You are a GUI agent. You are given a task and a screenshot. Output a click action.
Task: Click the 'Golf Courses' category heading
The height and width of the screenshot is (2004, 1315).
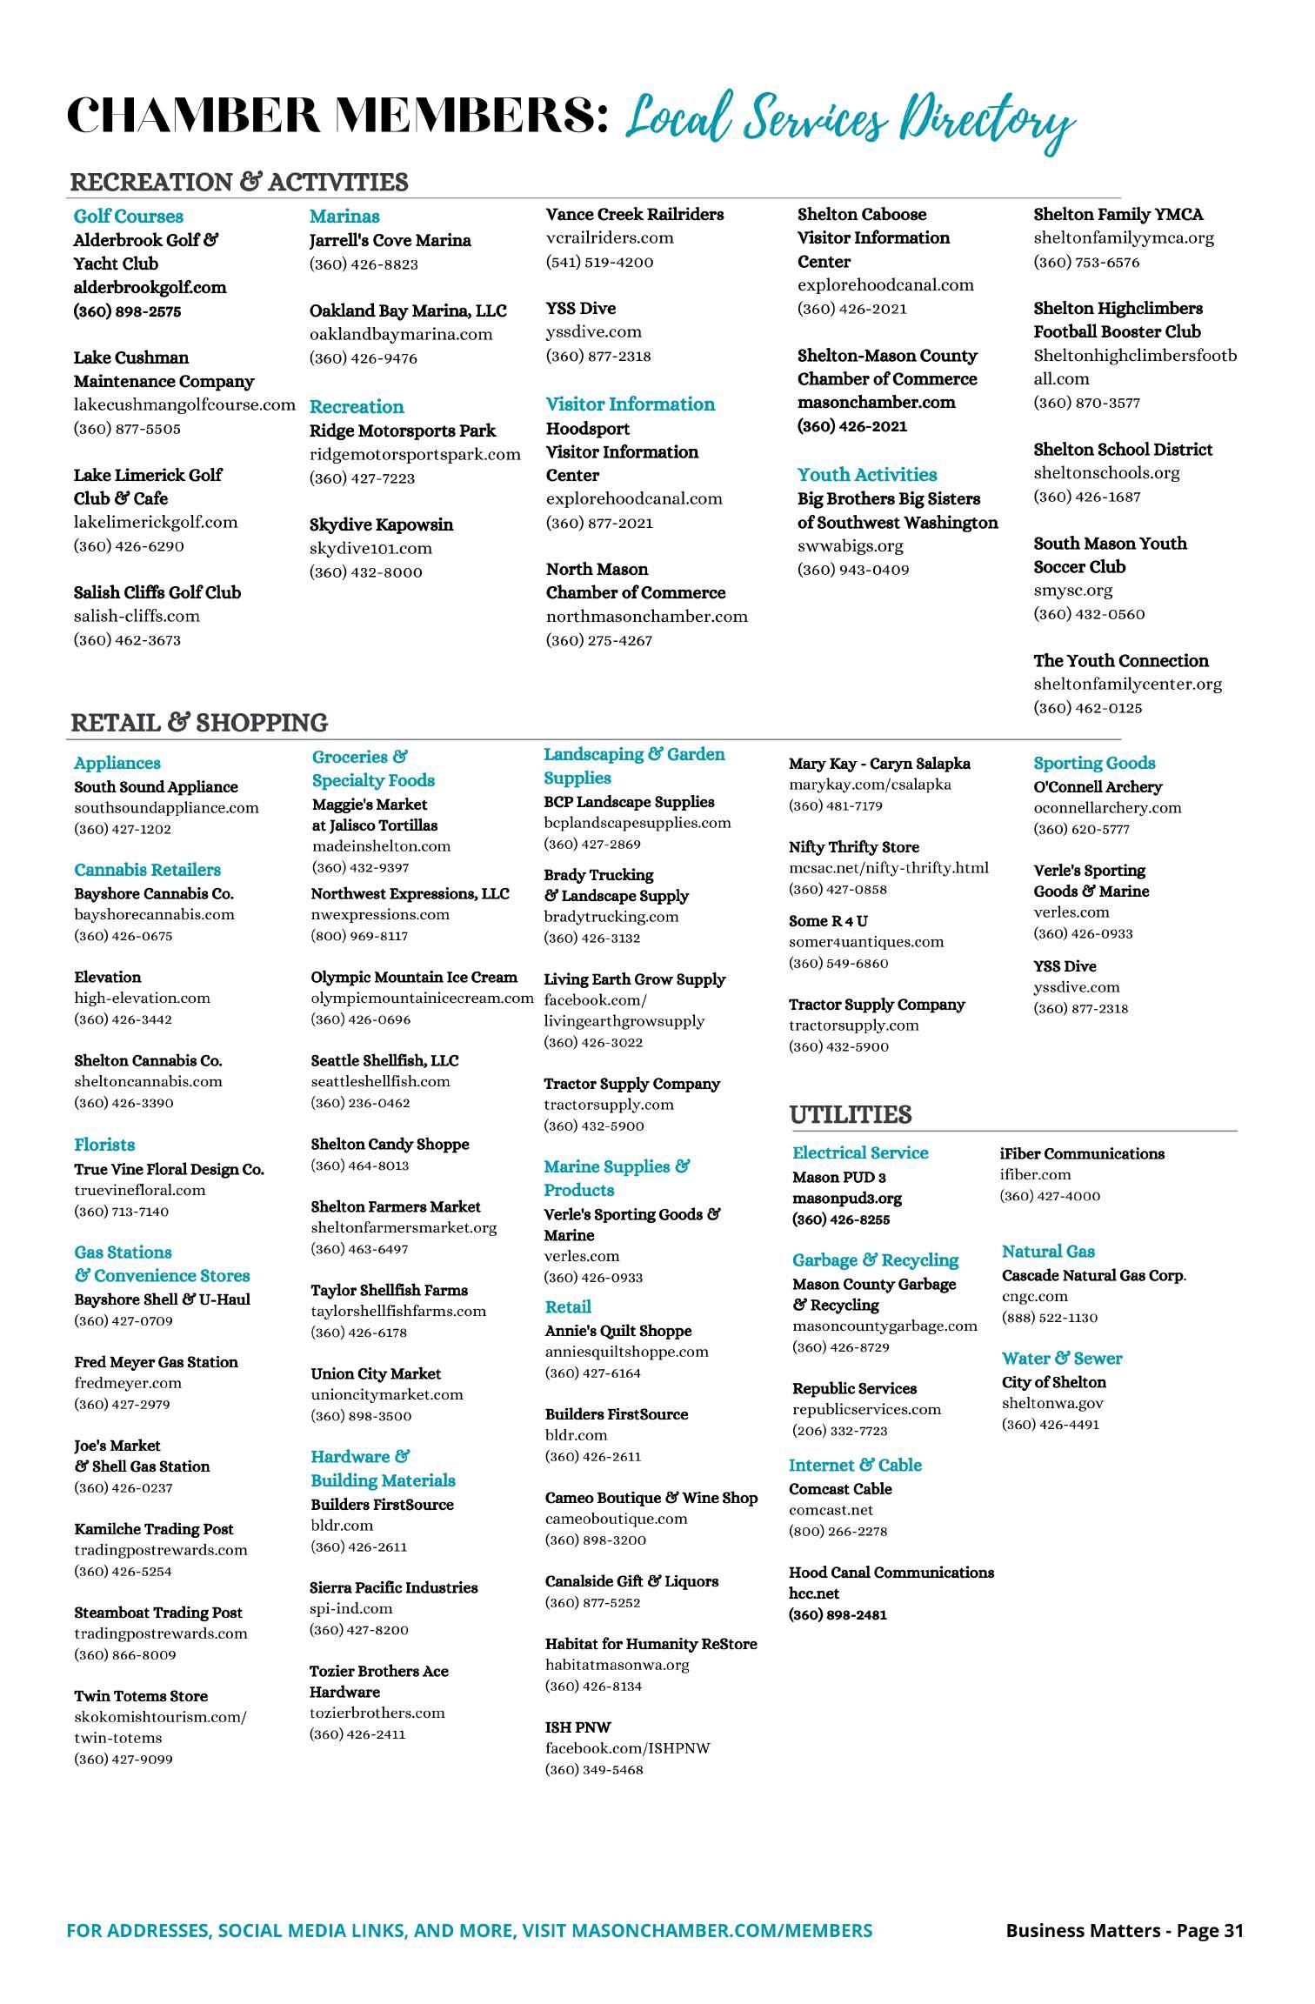[x=128, y=217]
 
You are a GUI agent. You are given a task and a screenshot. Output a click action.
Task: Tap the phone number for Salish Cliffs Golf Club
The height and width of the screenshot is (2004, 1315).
[x=127, y=640]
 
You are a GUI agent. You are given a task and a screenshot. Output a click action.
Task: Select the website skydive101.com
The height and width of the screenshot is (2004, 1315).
[x=370, y=548]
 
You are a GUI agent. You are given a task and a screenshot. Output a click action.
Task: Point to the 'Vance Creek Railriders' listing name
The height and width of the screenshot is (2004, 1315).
[x=634, y=214]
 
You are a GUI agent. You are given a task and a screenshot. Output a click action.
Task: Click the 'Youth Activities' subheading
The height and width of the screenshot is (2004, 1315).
[x=867, y=475]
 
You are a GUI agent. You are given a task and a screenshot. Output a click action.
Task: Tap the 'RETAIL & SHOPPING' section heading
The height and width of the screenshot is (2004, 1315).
[x=198, y=723]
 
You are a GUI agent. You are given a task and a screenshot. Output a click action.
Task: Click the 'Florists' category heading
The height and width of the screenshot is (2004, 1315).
[x=104, y=1145]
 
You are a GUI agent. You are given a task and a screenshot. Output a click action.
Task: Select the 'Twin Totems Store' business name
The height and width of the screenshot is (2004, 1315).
[x=141, y=1696]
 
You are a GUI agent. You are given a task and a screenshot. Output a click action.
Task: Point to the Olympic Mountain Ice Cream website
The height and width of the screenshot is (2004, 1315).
[x=422, y=998]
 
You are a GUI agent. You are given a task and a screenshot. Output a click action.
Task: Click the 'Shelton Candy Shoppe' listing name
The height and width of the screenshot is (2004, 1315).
[x=390, y=1145]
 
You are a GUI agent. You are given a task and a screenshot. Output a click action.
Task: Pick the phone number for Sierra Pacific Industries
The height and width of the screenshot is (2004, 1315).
[x=358, y=1630]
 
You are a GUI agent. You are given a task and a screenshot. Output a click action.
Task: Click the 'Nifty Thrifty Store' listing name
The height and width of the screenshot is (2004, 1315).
[x=853, y=847]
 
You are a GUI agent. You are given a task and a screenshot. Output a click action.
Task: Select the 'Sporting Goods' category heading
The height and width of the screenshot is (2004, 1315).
[x=1094, y=763]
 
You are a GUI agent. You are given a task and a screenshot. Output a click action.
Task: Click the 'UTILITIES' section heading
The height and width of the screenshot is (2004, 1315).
[x=850, y=1115]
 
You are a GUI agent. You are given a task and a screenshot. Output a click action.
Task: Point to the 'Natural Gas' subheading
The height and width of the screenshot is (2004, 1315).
[x=1047, y=1252]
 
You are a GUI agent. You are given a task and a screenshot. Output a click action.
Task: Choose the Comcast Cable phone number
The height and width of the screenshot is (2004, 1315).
[x=838, y=1531]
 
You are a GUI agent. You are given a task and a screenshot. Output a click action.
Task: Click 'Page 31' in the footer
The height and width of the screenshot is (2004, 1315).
[x=1210, y=1931]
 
